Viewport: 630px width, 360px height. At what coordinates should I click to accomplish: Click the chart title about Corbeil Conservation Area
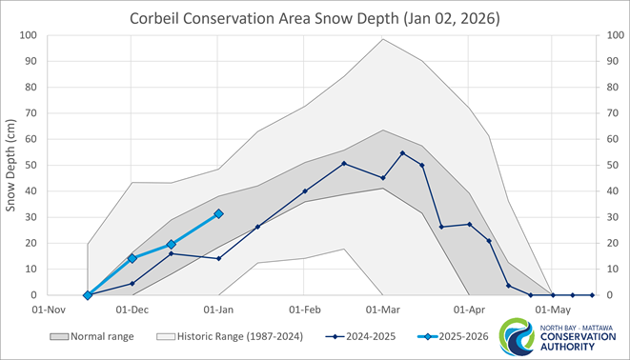coord(315,18)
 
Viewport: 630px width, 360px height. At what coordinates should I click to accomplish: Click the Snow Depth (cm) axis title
coord(12,165)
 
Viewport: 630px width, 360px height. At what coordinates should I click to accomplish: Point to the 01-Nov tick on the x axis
coord(49,310)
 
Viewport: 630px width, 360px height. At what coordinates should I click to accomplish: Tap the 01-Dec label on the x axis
coord(132,310)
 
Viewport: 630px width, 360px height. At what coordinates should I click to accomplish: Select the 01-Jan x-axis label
coord(219,310)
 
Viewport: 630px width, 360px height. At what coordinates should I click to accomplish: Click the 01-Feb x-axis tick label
coord(305,310)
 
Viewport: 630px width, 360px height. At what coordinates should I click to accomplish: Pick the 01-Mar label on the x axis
coord(383,310)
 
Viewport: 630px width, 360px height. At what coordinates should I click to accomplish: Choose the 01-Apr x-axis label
coord(469,310)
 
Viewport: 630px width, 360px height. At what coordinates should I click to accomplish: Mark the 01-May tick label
coord(553,310)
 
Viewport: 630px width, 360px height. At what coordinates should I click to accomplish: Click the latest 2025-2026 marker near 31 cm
coord(218,213)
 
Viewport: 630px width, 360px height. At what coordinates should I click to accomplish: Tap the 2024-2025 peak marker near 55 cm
coord(402,153)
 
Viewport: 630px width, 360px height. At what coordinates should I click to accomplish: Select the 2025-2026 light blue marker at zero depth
coord(88,295)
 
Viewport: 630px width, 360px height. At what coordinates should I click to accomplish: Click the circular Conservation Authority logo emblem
coord(518,336)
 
